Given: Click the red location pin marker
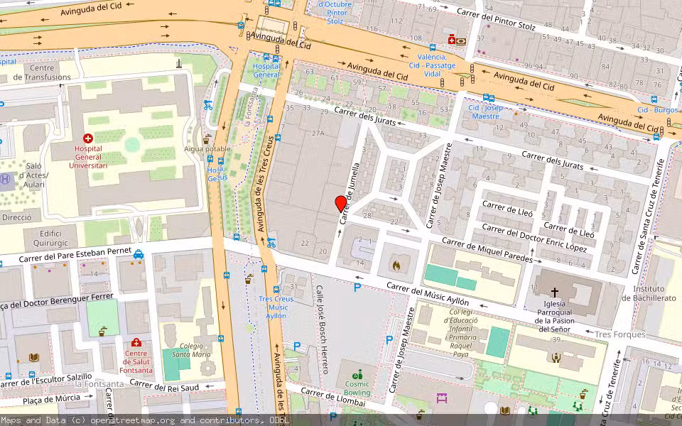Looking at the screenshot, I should [341, 204].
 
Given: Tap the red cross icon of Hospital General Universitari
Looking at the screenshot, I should [88, 139].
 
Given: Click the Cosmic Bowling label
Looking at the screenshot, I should [357, 388].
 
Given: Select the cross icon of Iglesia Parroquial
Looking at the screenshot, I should [555, 293].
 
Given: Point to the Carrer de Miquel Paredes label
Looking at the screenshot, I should [487, 251].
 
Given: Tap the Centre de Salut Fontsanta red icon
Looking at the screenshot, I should [136, 343].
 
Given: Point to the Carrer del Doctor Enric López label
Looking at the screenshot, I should [534, 237].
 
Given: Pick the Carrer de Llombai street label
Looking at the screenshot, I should [333, 398].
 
